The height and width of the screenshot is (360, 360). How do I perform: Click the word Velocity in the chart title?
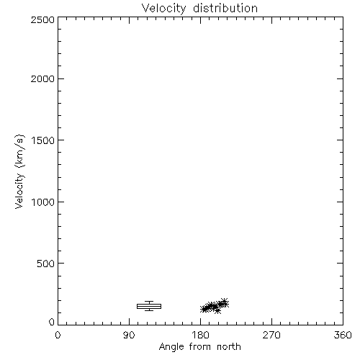pyautogui.click(x=163, y=8)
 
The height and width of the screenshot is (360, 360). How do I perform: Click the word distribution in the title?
pyautogui.click(x=225, y=8)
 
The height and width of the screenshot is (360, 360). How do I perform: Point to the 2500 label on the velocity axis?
pyautogui.click(x=42, y=19)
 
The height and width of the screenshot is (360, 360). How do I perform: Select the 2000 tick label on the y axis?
pyautogui.click(x=42, y=78)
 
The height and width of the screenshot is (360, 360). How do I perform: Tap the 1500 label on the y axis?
pyautogui.click(x=43, y=140)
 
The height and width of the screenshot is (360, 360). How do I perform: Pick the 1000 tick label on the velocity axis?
pyautogui.click(x=43, y=202)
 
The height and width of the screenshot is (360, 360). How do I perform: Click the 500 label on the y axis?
pyautogui.click(x=46, y=264)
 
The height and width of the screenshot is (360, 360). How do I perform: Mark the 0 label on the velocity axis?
pyautogui.click(x=52, y=322)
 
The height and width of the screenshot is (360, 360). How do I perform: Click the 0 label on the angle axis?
pyautogui.click(x=58, y=335)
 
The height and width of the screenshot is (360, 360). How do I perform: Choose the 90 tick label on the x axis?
pyautogui.click(x=129, y=335)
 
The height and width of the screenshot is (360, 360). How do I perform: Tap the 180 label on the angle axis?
pyautogui.click(x=200, y=335)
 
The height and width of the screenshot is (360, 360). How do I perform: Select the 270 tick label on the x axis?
pyautogui.click(x=271, y=335)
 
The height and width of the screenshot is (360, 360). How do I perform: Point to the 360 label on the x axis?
pyautogui.click(x=343, y=335)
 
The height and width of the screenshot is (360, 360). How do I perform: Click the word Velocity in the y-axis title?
pyautogui.click(x=19, y=191)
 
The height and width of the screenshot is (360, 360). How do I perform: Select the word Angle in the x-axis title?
pyautogui.click(x=171, y=347)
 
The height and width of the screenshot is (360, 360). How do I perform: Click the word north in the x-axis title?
pyautogui.click(x=229, y=346)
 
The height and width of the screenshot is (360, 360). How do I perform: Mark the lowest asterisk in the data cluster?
pyautogui.click(x=217, y=311)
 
